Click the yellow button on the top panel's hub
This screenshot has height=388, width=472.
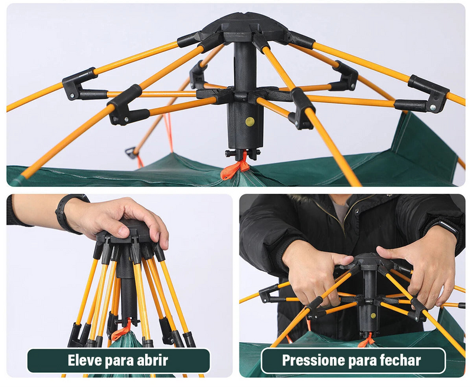pyautogui.click(x=250, y=121)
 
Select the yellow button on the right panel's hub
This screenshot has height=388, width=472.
pyautogui.click(x=373, y=315)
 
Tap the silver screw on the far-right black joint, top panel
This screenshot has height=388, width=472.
pyautogui.click(x=432, y=107)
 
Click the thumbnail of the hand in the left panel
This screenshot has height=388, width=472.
pyautogui.click(x=123, y=231)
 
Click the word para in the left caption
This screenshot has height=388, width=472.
pyautogui.click(x=117, y=361)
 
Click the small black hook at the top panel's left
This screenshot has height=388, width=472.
pyautogui.click(x=130, y=153)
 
